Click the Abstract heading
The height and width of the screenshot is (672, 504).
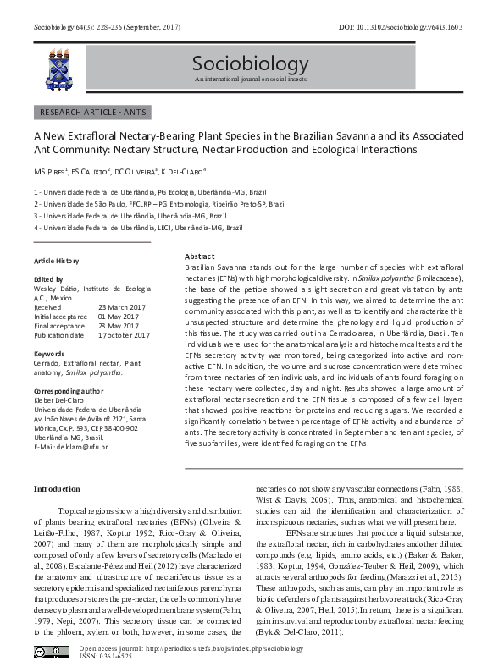point(199,256)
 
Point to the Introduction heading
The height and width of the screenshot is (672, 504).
point(57,489)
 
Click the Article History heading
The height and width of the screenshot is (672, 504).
point(56,261)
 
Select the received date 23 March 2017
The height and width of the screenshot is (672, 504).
point(124,306)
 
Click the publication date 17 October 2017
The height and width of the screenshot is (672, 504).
point(124,334)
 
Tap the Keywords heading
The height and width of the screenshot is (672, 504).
point(49,353)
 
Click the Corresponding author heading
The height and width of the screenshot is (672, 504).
point(69,390)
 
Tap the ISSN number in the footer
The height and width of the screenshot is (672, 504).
point(102,657)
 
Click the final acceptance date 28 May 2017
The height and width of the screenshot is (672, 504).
point(122,325)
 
